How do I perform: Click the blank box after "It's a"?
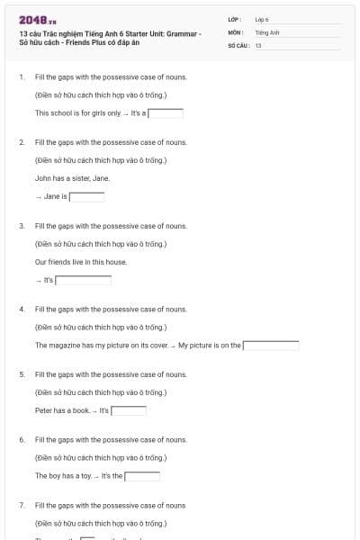coord(166,113)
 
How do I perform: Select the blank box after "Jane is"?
coord(87,196)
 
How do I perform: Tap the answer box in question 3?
coord(83,280)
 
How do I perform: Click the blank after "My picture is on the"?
coord(270,345)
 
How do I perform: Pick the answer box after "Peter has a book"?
coord(128,410)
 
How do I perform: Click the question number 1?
coord(22,76)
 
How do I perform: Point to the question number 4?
coord(22,309)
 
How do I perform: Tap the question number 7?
coord(22,505)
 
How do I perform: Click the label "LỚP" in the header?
coord(234,19)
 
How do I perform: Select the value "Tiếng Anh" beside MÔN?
coord(263,32)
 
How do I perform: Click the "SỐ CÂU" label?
coord(238,45)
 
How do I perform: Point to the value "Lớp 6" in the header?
coord(262,19)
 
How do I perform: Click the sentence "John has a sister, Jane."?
coord(72,178)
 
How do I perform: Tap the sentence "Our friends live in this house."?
coord(81,262)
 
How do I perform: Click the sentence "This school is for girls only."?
coord(77,113)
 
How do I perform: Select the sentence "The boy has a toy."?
coord(63,475)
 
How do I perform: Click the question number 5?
coord(22,373)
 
